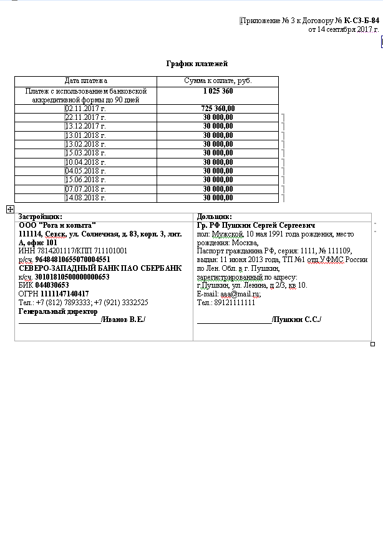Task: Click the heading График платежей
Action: tap(196, 64)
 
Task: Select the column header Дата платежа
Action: tap(86, 81)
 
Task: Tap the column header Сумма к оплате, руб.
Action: tap(218, 81)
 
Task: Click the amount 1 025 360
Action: tap(218, 91)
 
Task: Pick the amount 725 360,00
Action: tap(218, 109)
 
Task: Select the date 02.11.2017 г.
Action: tap(86, 109)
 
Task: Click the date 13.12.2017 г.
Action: tap(86, 126)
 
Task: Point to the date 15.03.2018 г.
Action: tap(86, 153)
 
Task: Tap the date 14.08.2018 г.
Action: tap(86, 198)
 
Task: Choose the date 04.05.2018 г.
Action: tap(86, 171)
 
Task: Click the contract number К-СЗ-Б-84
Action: tap(361, 21)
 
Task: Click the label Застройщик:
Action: tap(41, 217)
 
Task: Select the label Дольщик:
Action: tap(214, 217)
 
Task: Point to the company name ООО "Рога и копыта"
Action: tap(57, 225)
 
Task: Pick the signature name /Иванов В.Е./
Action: tap(124, 319)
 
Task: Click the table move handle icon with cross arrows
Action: tap(10, 210)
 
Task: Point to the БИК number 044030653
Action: tap(52, 285)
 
